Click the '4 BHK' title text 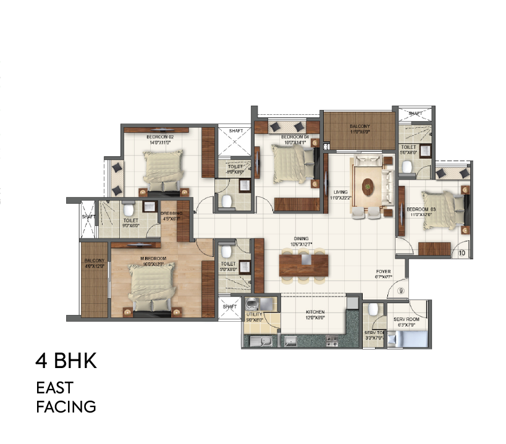[66, 361]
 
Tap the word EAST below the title [54, 388]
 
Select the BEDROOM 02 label [159, 136]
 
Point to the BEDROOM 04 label [293, 136]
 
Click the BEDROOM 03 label [419, 209]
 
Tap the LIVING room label [341, 192]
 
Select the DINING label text [302, 238]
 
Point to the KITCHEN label [314, 312]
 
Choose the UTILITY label [255, 315]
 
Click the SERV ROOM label [406, 319]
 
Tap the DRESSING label [171, 214]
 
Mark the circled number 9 [400, 290]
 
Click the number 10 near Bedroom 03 [462, 252]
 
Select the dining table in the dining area [303, 264]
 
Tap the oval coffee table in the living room [368, 185]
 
